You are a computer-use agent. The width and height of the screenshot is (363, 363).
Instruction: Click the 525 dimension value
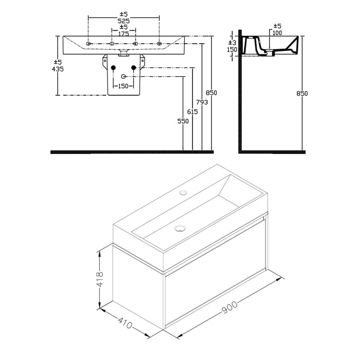pos(123,21)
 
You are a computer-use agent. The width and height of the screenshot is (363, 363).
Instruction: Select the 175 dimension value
pos(123,33)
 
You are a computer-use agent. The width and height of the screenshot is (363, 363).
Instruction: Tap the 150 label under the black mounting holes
pos(123,86)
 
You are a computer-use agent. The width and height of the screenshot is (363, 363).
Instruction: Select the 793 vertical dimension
pos(202,103)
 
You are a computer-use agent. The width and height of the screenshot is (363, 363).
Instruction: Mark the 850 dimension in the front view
pos(211,93)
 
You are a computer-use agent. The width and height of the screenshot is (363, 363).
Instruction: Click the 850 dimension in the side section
pos(302,93)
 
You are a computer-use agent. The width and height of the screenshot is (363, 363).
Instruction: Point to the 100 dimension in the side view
pos(277,33)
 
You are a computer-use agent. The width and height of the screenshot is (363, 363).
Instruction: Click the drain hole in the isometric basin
pos(180,227)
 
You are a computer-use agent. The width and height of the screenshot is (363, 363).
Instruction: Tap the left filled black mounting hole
pos(113,67)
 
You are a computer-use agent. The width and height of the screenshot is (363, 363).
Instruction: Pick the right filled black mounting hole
pos(133,67)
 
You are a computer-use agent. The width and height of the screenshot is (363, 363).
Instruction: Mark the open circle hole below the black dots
pos(123,77)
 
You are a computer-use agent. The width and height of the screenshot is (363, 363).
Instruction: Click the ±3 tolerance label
pos(233,43)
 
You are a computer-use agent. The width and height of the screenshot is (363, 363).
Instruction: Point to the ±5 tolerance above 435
pos(58,62)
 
